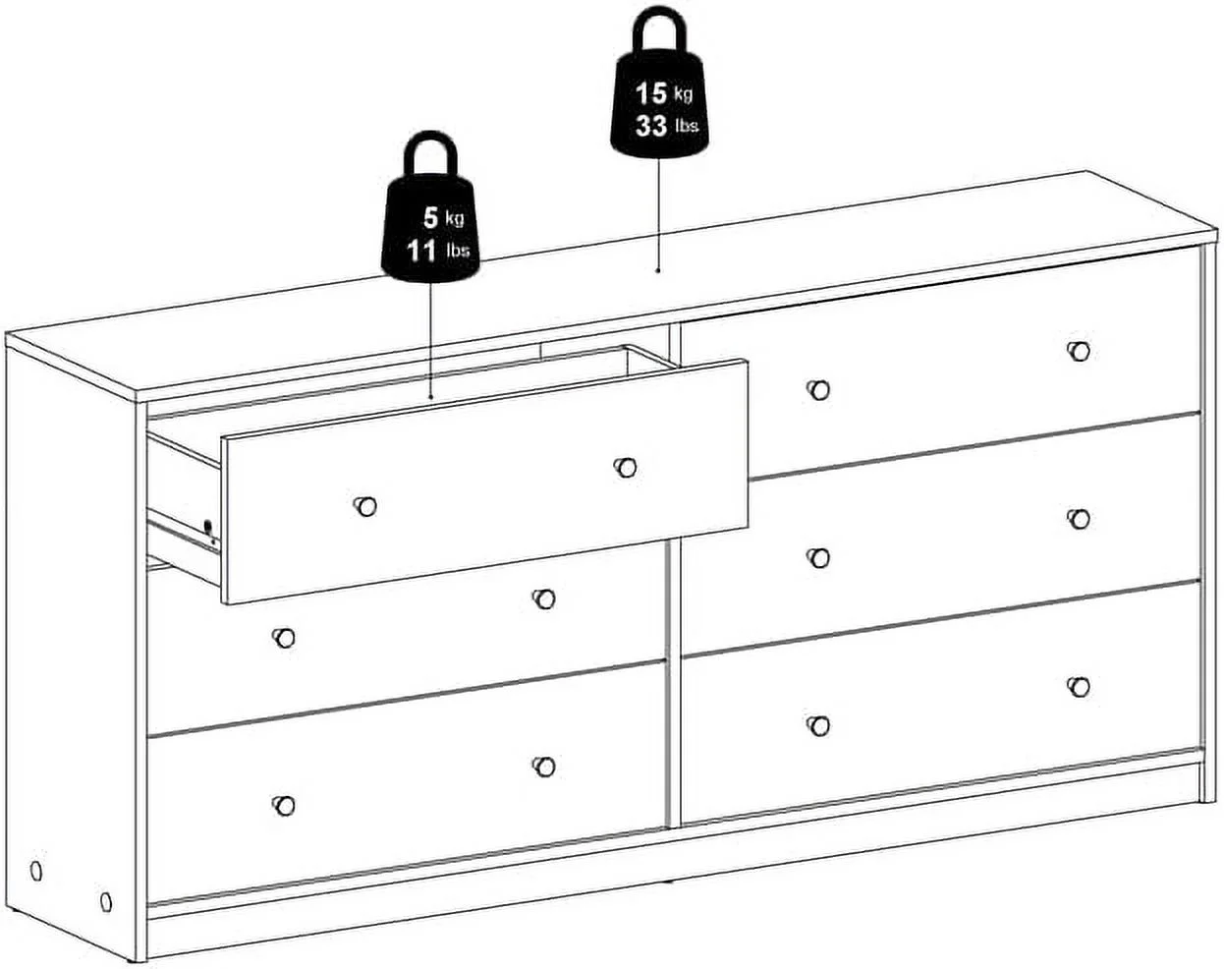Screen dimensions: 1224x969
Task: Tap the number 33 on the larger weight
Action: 651,126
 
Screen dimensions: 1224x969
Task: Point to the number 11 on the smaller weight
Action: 421,251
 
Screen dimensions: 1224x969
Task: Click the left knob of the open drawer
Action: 365,506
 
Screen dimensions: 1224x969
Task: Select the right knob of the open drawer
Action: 625,467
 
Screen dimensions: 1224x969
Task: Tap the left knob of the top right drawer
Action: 818,390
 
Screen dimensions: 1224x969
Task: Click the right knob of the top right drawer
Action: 1078,351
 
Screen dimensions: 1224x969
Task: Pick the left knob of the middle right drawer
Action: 818,558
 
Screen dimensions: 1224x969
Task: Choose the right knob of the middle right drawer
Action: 1078,518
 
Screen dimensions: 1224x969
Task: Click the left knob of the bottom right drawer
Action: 818,725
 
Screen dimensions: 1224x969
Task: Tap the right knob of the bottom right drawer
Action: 1078,687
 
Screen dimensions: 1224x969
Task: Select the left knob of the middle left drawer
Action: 284,638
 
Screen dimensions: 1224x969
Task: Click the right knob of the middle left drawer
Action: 544,598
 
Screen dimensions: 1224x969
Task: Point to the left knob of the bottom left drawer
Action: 284,806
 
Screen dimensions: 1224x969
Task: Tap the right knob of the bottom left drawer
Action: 544,767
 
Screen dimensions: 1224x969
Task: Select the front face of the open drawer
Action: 485,482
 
